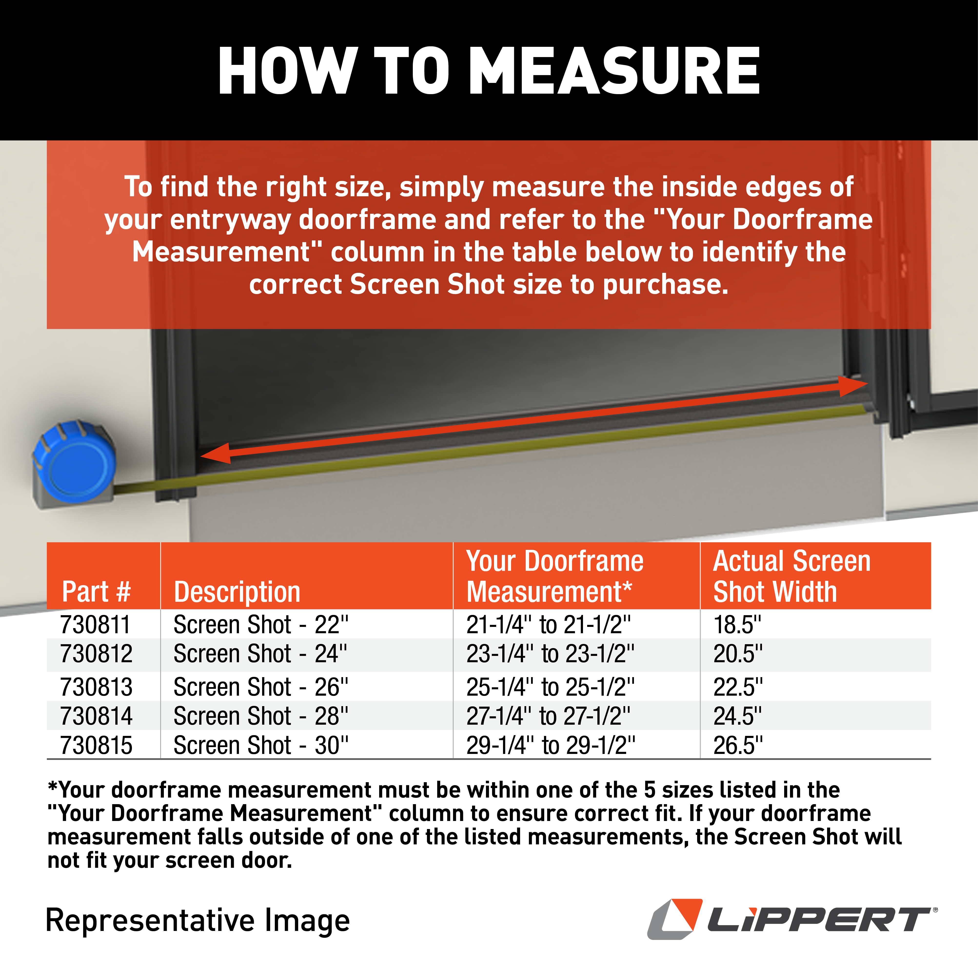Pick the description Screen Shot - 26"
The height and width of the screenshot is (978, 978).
pos(261,687)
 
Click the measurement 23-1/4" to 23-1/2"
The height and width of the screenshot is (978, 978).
pos(550,654)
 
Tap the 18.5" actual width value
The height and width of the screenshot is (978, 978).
pos(737,625)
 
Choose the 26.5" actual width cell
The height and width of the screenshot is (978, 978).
pos(738,745)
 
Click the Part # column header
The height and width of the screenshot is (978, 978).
pos(96,591)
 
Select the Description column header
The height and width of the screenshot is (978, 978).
pos(237,591)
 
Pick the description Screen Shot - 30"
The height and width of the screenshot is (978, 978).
pos(261,745)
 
